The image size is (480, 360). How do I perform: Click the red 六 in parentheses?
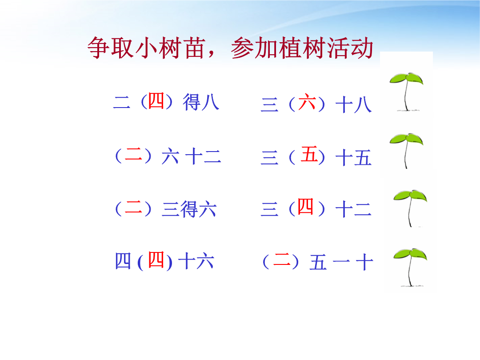coord(307,102)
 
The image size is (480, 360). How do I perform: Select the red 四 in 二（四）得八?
coord(156,100)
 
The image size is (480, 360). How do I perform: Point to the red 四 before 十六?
coord(156,260)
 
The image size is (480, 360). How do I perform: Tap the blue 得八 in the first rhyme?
coord(201,102)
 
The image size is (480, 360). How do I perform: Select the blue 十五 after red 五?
coord(354,158)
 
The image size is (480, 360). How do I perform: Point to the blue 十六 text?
coord(196,261)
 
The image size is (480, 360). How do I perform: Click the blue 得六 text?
coord(198,209)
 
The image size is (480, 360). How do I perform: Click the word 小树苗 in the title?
coord(170,48)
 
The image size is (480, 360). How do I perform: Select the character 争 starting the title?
coord(99,48)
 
